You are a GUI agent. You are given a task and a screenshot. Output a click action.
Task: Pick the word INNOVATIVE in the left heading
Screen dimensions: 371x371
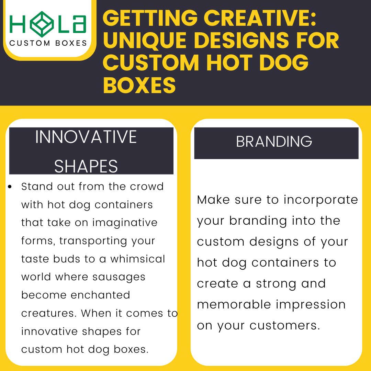click(86, 137)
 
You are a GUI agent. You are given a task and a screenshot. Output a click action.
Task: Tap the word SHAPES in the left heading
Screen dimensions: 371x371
click(86, 166)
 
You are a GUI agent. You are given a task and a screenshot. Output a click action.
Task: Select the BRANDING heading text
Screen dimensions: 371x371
click(274, 142)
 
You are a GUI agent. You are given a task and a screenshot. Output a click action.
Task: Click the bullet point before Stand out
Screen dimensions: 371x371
click(10, 187)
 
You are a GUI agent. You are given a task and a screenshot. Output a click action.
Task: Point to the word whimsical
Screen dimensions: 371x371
click(137, 259)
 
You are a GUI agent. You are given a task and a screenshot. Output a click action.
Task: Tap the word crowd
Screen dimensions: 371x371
click(147, 186)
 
